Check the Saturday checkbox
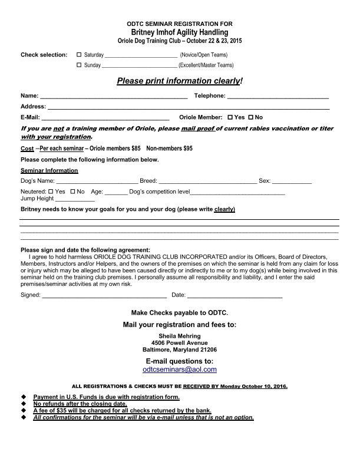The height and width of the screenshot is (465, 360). [79, 55]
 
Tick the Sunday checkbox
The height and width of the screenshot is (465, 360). [79, 65]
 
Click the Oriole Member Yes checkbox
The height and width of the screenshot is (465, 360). [230, 117]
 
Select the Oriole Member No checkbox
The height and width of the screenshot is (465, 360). [250, 117]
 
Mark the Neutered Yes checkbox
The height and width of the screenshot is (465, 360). [50, 192]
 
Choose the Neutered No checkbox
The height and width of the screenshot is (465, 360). [72, 192]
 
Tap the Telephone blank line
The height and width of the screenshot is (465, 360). [278, 96]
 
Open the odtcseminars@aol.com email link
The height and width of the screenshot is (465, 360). [180, 370]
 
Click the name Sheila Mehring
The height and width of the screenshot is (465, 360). [180, 335]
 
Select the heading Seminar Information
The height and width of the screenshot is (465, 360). [49, 170]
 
